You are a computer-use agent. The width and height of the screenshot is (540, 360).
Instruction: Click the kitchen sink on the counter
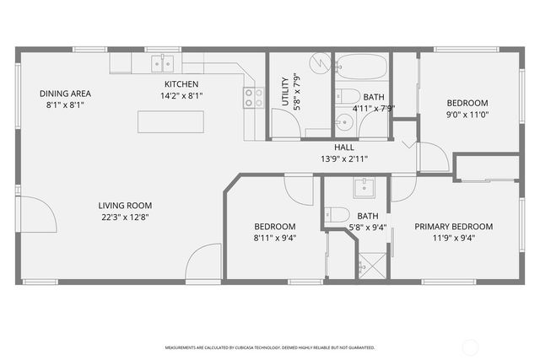162,63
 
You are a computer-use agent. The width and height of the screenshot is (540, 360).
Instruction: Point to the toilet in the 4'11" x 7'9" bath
346,96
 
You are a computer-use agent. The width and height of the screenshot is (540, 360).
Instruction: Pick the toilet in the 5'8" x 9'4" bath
337,214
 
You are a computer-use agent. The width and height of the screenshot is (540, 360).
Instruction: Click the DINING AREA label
65,94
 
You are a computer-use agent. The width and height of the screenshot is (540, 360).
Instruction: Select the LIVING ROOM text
125,205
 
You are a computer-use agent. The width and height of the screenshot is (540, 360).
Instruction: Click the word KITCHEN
181,84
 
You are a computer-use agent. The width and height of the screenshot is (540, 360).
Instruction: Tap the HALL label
343,148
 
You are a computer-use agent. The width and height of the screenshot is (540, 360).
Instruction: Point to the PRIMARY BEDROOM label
453,227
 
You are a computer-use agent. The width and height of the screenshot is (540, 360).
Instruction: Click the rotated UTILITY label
284,94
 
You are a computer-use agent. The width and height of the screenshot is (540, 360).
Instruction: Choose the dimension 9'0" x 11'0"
467,115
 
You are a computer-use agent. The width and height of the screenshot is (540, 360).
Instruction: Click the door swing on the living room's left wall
37,216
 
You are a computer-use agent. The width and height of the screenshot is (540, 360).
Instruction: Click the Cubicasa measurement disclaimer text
270,347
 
